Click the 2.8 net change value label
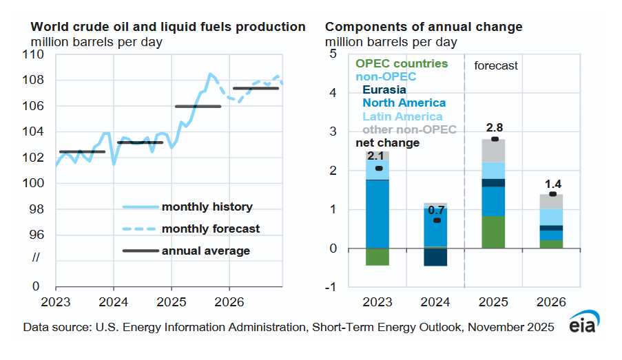click(494, 128)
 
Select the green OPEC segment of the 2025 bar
click(494, 232)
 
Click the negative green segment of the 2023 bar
click(377, 257)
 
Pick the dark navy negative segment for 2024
click(435, 257)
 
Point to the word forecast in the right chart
click(496, 66)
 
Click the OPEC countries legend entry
click(402, 63)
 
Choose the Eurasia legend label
click(384, 89)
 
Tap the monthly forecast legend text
click(211, 229)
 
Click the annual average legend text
click(206, 251)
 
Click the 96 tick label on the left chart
click(40, 235)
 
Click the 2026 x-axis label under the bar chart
click(551, 301)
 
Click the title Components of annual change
click(424, 28)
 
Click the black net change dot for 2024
click(436, 220)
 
